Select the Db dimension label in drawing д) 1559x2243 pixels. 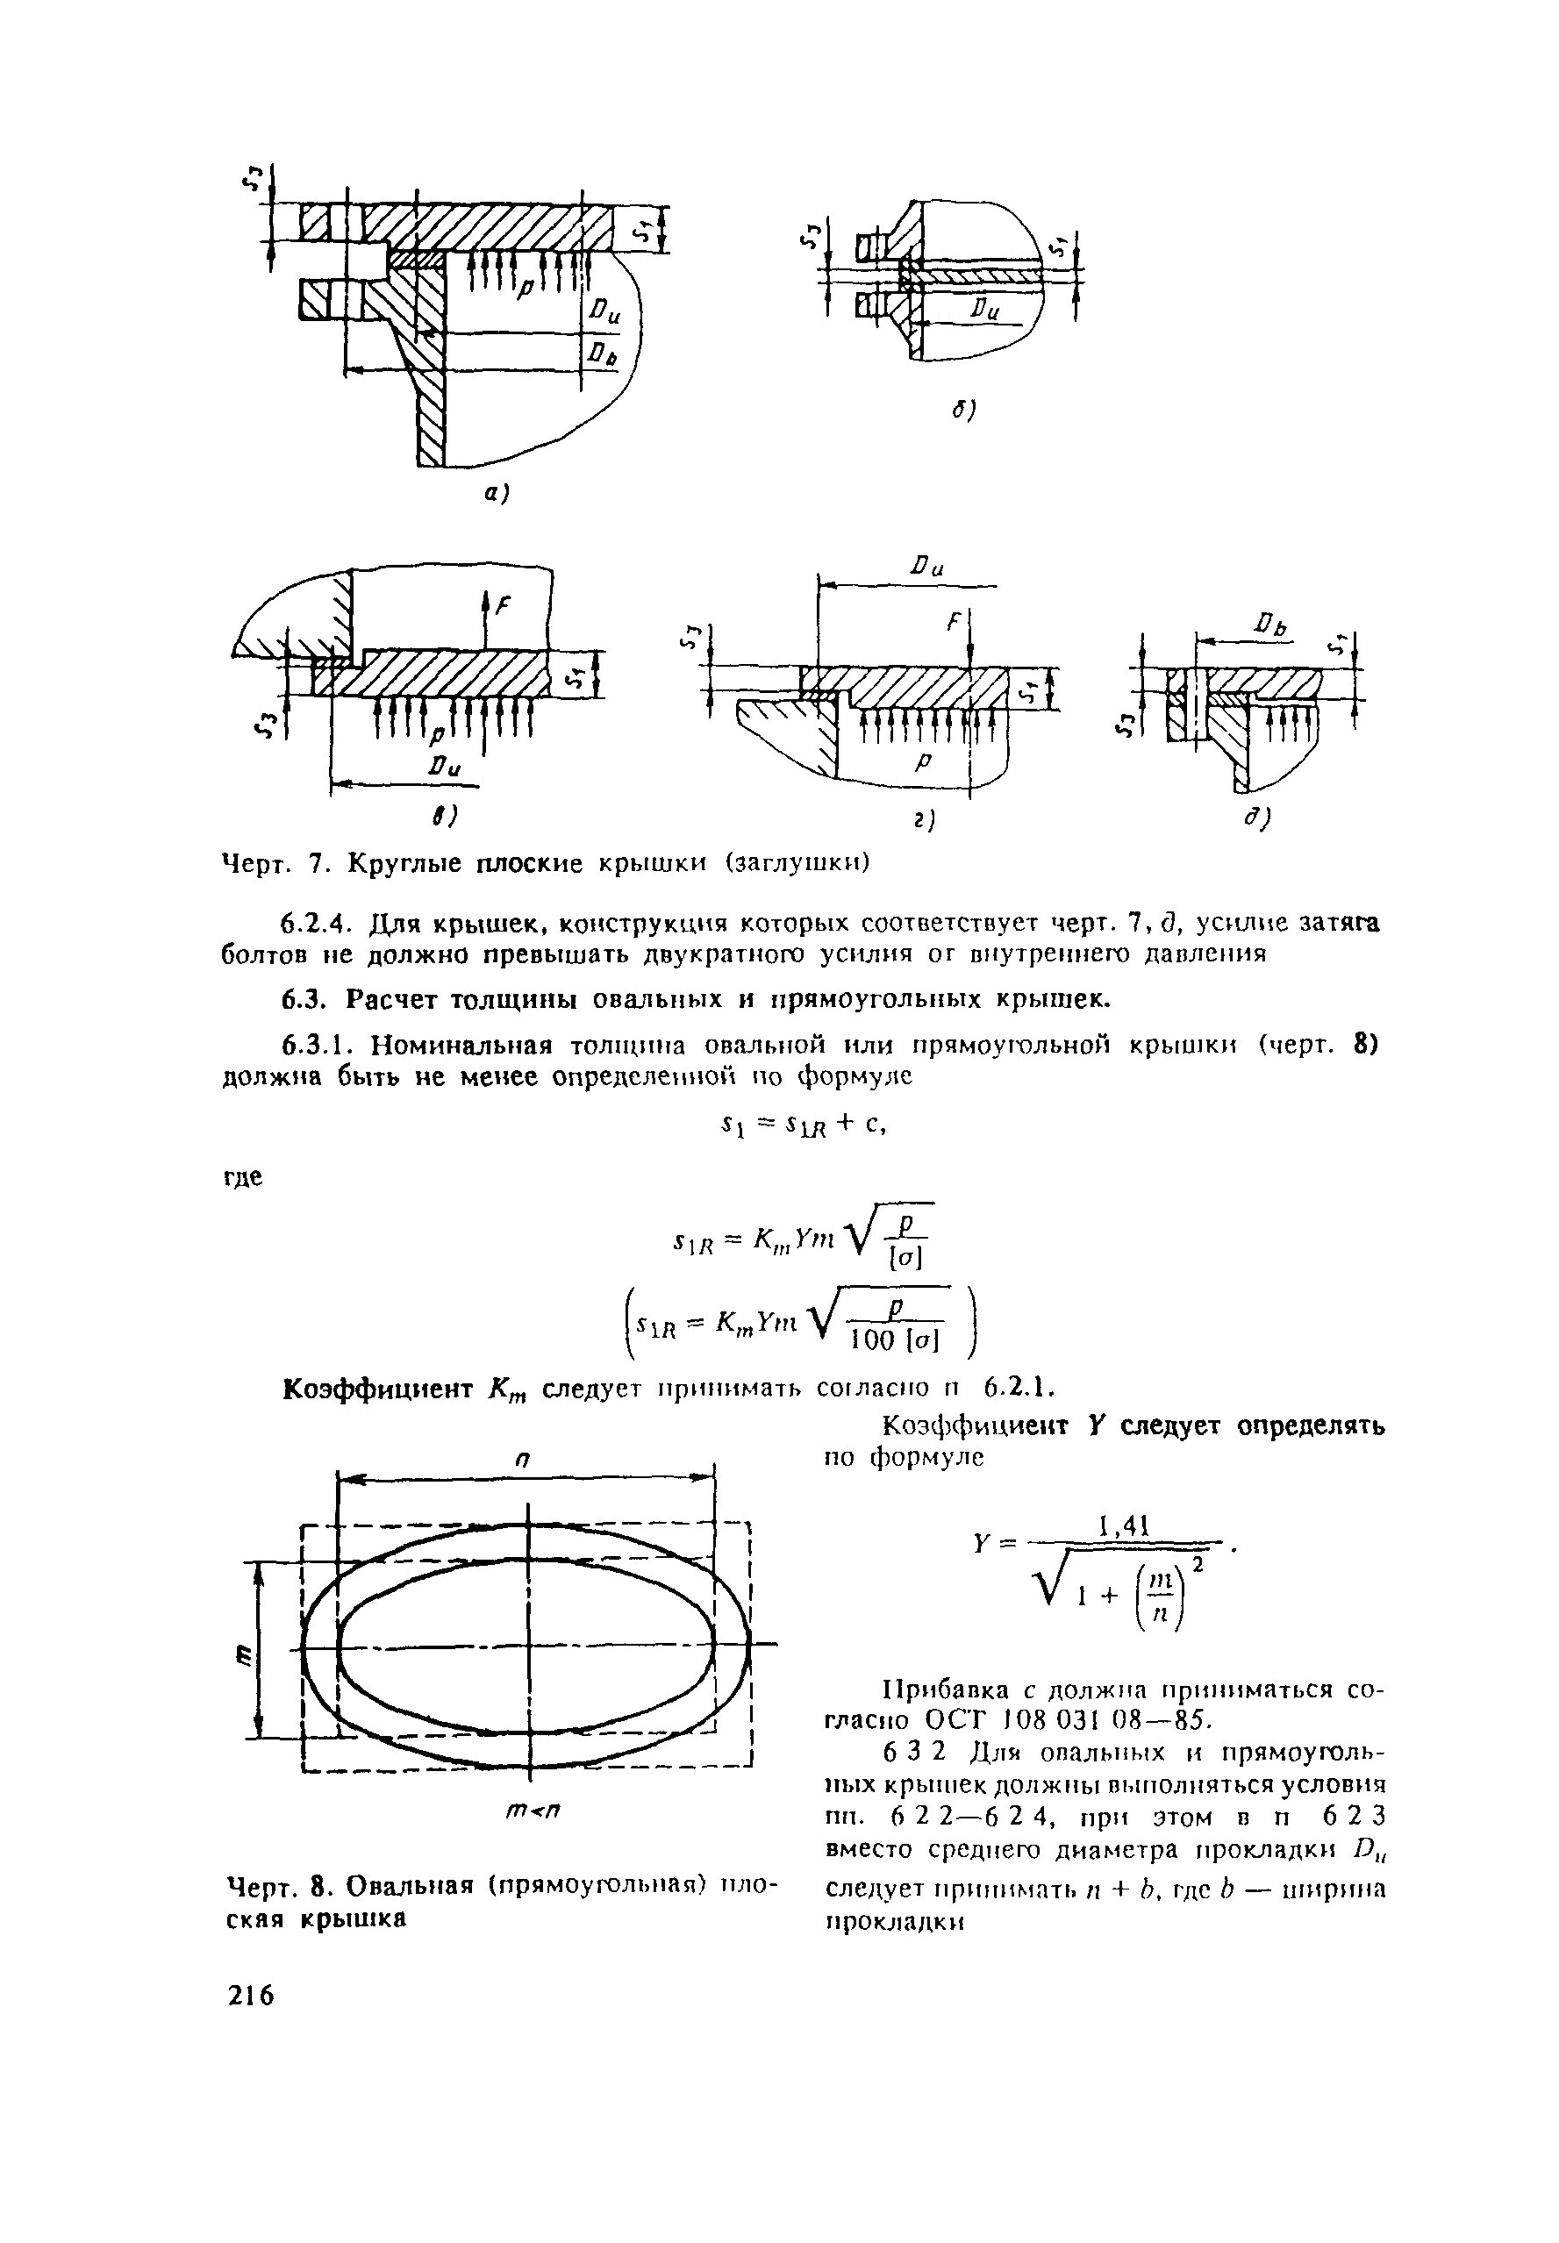[x=1273, y=623]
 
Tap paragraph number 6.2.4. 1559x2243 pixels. [x=315, y=924]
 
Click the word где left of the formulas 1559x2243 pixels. [x=244, y=1178]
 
